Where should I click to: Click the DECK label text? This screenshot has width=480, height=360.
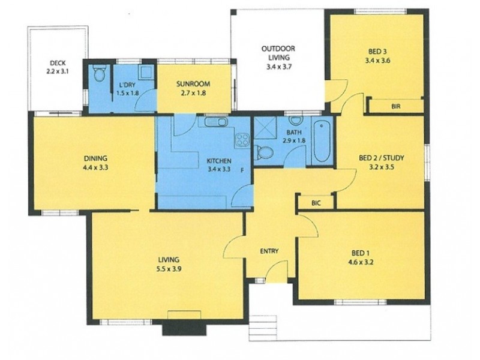[x=58, y=62]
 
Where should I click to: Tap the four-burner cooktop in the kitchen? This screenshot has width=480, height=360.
[x=242, y=140]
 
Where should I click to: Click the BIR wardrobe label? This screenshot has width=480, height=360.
[x=395, y=106]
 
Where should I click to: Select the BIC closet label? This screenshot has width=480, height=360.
[x=316, y=203]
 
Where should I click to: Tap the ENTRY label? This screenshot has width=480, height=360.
[x=269, y=251]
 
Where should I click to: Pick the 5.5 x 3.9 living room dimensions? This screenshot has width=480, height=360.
[x=169, y=269]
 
